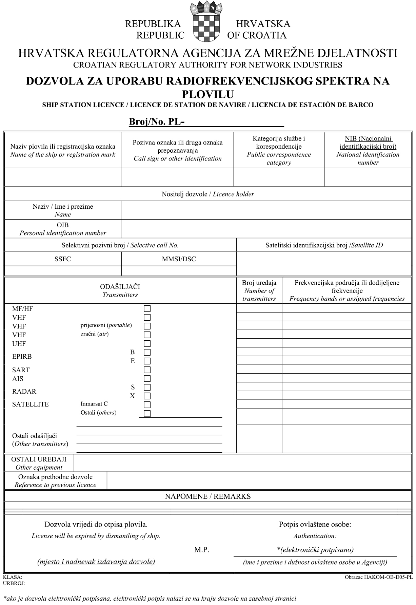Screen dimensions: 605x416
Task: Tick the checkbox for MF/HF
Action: pos(147,309)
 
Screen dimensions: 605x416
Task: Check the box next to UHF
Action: pos(147,343)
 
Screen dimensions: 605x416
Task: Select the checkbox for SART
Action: pos(147,370)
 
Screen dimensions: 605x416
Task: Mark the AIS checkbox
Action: pos(147,378)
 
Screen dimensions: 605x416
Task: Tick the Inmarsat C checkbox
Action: pos(147,404)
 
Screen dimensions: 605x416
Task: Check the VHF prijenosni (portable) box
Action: pos(147,326)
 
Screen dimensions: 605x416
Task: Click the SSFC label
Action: pos(63,259)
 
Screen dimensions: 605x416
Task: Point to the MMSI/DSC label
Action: pos(179,259)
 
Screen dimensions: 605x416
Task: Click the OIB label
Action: pos(63,225)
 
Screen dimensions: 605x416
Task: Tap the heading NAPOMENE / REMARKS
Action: pos(208,496)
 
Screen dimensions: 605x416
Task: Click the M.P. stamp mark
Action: pos(202,550)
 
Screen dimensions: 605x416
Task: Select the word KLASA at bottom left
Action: pos(12,577)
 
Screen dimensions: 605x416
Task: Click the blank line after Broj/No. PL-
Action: pos(234,122)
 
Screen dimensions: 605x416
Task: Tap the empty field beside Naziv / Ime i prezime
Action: pos(266,210)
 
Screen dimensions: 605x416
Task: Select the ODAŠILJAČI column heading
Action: pos(120,287)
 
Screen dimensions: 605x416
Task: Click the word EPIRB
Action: pos(22,357)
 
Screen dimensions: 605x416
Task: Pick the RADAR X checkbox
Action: pos(147,396)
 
